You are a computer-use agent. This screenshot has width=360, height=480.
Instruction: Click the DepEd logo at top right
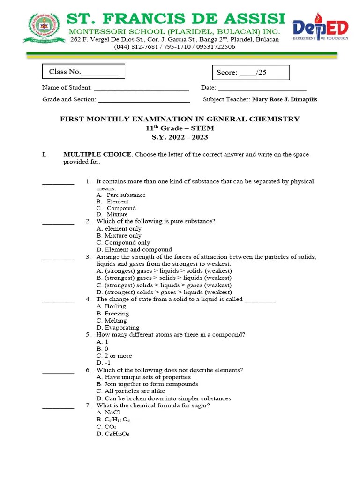pos(320,29)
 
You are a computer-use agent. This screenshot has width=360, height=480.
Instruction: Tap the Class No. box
pos(83,72)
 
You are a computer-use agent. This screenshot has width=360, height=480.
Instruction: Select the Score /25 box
pos(251,73)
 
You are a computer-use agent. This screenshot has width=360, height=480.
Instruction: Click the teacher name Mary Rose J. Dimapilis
pos(285,99)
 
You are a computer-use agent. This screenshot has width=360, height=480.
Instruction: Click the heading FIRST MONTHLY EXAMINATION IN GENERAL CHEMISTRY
pos(180,119)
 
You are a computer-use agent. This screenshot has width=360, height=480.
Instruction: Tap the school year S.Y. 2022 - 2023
pos(180,137)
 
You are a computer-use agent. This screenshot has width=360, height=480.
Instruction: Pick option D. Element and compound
pos(134,249)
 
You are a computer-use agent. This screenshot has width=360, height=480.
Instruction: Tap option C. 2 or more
pos(114,356)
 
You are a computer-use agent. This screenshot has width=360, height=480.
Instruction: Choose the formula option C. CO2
pos(106,427)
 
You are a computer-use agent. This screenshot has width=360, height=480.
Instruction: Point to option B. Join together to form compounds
pos(147,384)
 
